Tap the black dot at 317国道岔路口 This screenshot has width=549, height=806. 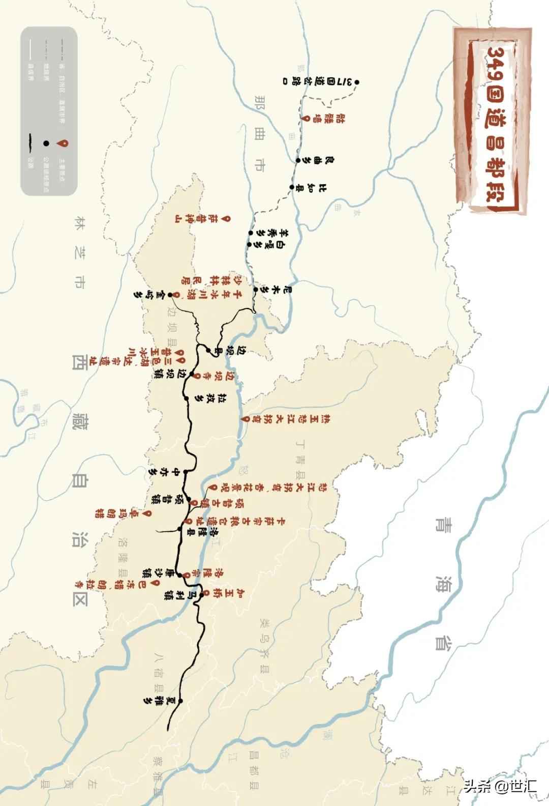click(x=357, y=82)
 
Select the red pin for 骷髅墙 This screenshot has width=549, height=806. click(x=306, y=118)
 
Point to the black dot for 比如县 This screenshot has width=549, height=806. click(x=292, y=187)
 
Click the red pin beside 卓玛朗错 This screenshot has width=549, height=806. click(x=146, y=514)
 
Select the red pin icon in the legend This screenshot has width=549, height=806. click(x=63, y=144)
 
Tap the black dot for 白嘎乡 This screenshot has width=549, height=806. click(x=249, y=245)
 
